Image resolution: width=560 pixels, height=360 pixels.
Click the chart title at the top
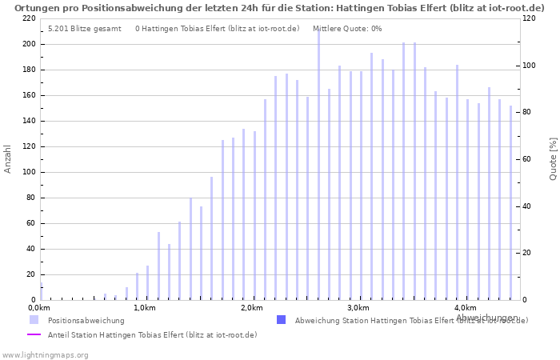point(279,7)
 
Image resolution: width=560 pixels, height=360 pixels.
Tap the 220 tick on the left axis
point(29,18)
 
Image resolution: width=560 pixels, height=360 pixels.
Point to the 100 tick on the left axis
point(29,172)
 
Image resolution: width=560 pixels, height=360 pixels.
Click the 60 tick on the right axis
point(529,159)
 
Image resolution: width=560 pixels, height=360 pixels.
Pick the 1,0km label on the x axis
point(144,308)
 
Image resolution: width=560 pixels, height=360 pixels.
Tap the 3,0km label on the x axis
point(358,308)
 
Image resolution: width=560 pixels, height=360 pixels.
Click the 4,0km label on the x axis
point(465,308)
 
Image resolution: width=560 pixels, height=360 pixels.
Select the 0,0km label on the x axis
point(39,308)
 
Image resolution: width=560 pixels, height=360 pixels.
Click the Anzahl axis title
point(8,158)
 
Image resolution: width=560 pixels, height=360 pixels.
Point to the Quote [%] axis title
point(553,158)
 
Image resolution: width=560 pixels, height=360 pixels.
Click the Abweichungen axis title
point(486,318)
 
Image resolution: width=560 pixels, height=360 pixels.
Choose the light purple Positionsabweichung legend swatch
point(34,320)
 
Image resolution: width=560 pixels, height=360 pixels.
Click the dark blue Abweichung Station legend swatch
point(281,320)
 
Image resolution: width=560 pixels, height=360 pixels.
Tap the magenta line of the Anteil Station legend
point(34,334)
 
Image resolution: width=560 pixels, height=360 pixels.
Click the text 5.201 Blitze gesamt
point(84,29)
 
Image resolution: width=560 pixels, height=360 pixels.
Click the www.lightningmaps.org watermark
point(46,354)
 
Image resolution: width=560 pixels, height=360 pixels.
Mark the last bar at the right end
point(510,202)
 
